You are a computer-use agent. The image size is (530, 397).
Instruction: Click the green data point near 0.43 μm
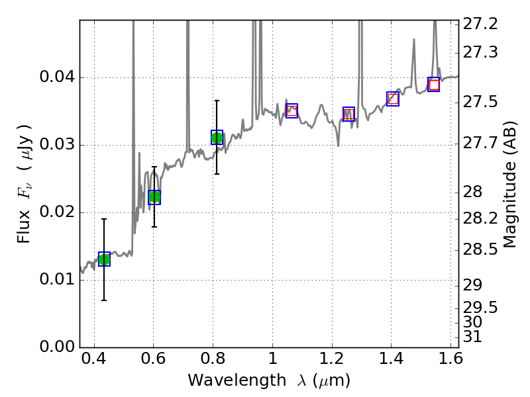tap(104, 259)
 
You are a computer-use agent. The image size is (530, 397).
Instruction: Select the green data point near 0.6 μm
tap(154, 197)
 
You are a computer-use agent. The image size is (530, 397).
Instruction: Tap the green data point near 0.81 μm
tap(217, 138)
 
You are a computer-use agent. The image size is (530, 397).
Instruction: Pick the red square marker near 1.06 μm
tap(291, 110)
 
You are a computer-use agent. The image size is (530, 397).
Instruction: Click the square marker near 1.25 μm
tap(348, 114)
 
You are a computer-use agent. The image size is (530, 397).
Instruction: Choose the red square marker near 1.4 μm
tap(393, 99)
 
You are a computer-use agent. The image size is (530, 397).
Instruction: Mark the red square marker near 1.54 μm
tap(434, 85)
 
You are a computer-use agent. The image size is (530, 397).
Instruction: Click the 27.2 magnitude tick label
tap(482, 24)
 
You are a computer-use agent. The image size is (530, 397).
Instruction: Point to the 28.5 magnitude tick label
tap(482, 250)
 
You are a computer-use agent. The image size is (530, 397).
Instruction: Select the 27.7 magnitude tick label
tap(482, 143)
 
